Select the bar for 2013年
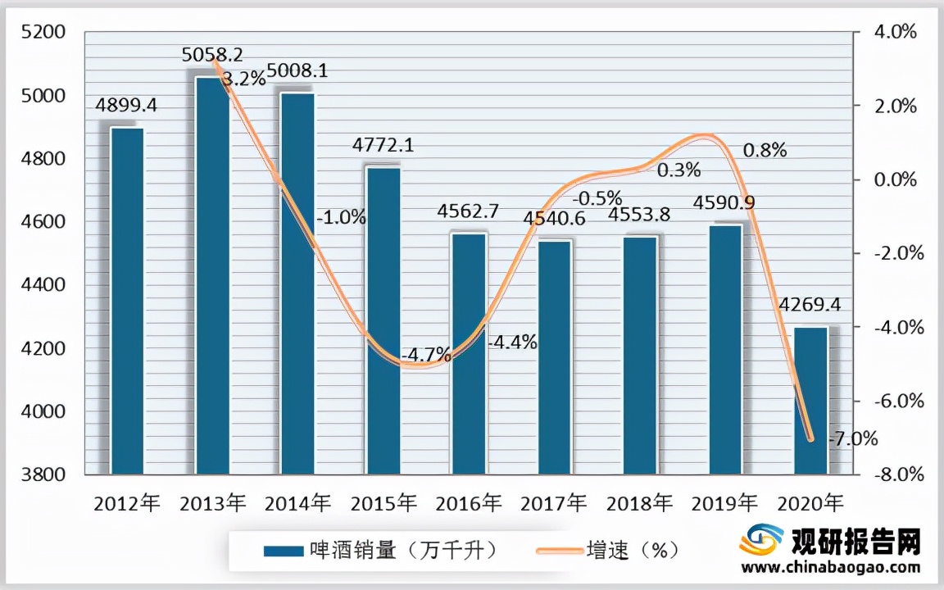point(212,275)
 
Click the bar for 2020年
point(811,401)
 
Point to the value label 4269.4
point(812,306)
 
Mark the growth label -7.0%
point(853,438)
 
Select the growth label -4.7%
point(426,355)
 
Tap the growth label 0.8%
point(764,150)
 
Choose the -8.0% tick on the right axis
point(899,474)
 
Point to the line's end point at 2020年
point(811,439)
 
